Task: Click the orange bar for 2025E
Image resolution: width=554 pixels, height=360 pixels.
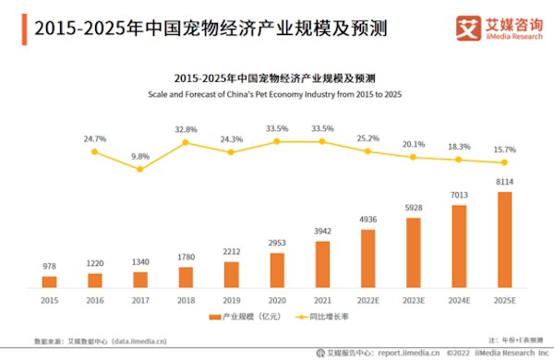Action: click(x=503, y=239)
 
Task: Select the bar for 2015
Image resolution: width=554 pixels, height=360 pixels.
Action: click(x=50, y=282)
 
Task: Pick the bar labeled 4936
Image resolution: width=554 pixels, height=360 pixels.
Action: click(x=367, y=258)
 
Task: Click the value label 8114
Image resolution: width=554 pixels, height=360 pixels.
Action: click(x=503, y=183)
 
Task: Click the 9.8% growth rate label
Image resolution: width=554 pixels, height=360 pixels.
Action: click(x=140, y=156)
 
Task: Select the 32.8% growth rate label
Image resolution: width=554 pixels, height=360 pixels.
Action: click(x=186, y=130)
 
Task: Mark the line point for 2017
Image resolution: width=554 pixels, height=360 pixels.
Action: click(x=140, y=169)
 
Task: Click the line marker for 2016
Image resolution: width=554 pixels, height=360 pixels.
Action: click(x=95, y=151)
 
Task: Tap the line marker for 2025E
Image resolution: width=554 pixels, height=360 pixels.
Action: click(x=503, y=162)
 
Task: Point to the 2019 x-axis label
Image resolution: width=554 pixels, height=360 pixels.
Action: click(x=231, y=300)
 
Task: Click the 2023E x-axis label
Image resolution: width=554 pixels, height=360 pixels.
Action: click(x=413, y=300)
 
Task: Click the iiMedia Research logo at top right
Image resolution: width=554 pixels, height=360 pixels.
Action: click(x=498, y=28)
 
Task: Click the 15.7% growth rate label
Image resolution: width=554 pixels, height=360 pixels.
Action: click(x=503, y=150)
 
